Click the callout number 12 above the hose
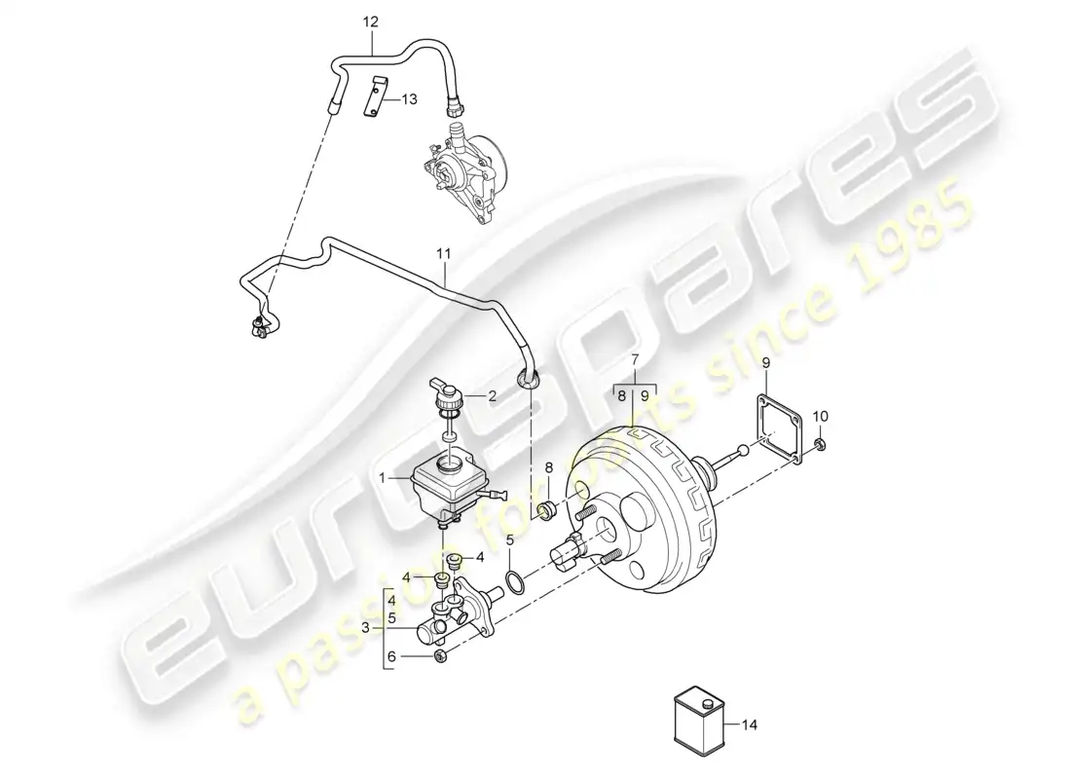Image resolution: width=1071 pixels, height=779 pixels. click(370, 22)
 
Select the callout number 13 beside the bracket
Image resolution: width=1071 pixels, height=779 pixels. click(409, 99)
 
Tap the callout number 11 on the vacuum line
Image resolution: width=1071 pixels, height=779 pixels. click(444, 254)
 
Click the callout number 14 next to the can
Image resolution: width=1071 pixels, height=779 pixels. click(750, 725)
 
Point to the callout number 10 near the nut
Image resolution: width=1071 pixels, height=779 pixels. click(821, 416)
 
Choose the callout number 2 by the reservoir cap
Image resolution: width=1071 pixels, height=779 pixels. click(491, 395)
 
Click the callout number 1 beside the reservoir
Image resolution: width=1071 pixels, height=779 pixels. click(384, 478)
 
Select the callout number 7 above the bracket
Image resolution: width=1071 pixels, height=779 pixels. click(635, 359)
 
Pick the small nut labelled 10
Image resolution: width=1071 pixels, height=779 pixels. click(821, 446)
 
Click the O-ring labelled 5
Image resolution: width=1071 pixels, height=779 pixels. click(514, 580)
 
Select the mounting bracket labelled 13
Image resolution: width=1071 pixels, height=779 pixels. click(374, 97)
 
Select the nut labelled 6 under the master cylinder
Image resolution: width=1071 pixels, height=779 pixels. click(440, 657)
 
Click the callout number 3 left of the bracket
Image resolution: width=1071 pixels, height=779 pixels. click(365, 628)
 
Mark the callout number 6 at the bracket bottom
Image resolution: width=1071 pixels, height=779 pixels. click(391, 657)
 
